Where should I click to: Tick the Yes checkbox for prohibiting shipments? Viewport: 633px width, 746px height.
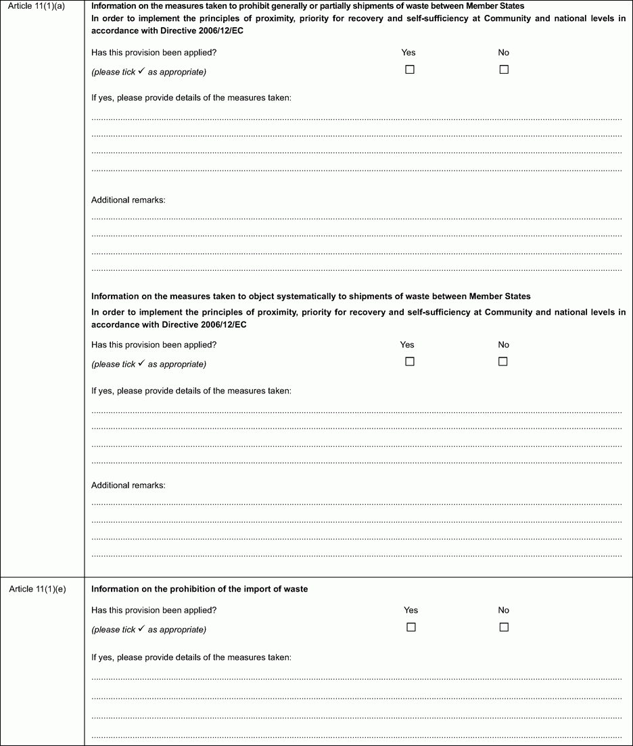[409, 70]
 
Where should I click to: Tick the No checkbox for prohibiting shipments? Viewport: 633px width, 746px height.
[504, 70]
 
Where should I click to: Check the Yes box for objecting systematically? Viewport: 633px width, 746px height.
[409, 361]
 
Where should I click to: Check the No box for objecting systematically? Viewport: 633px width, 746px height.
[503, 361]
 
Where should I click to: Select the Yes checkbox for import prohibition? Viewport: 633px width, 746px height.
[411, 627]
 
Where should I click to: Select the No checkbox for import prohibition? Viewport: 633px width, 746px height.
[504, 627]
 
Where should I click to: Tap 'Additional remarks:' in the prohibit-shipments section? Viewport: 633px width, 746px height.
[128, 200]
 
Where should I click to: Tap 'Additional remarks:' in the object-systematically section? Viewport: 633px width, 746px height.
[128, 485]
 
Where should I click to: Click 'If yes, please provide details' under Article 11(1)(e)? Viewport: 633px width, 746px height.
[191, 657]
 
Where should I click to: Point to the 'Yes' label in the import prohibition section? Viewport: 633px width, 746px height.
[411, 610]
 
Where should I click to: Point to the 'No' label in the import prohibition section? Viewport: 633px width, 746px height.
[504, 610]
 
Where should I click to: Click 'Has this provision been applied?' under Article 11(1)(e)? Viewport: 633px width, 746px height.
[154, 610]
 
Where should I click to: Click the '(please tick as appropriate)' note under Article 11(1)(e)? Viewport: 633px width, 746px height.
[149, 630]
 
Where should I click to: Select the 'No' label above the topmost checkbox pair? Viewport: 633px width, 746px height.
[504, 52]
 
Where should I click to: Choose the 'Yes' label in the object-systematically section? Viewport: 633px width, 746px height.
[408, 345]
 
